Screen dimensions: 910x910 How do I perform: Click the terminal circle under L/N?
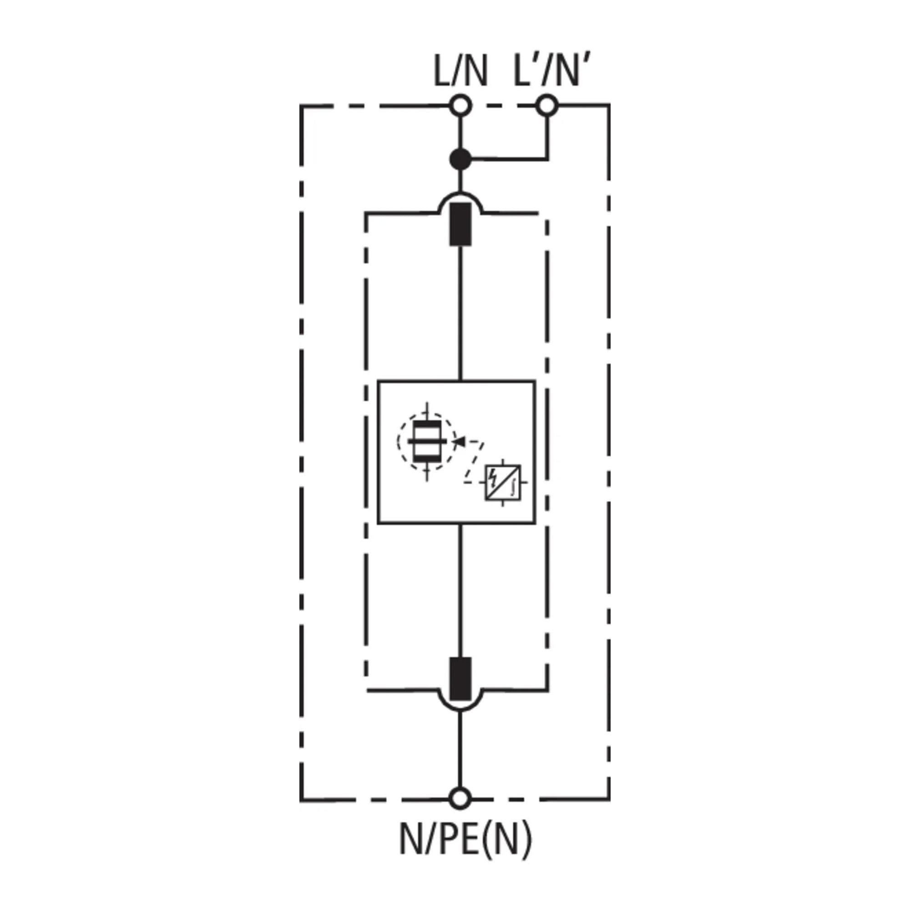[x=460, y=106]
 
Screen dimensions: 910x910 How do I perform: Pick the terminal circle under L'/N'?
[x=547, y=106]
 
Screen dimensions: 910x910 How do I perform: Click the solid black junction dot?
[x=460, y=160]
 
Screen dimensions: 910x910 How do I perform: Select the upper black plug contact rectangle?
[x=460, y=224]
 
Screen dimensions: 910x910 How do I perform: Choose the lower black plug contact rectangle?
[x=460, y=679]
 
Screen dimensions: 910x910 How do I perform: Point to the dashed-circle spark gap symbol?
[x=427, y=441]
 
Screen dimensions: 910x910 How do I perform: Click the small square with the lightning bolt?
[x=503, y=483]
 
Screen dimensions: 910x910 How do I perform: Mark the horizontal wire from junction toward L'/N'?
[x=509, y=160]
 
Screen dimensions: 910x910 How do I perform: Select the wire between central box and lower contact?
[x=460, y=589]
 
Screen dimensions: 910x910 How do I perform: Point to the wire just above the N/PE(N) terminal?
[x=460, y=753]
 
